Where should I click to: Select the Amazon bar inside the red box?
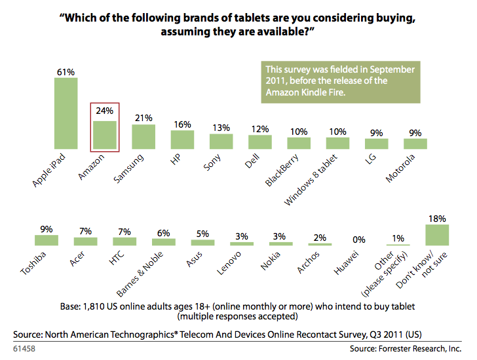104,134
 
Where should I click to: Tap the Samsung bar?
143,135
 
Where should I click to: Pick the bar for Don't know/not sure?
436,234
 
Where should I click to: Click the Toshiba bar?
47,240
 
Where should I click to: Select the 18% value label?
437,218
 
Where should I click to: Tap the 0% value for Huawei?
359,240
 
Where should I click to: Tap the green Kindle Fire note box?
340,82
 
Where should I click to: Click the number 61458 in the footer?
25,349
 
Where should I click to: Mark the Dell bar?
259,141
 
